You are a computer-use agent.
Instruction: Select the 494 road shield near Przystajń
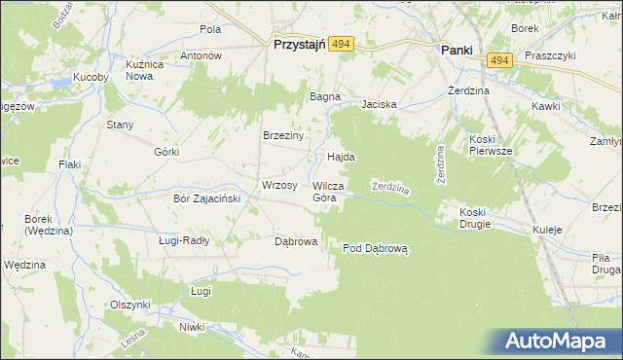(x=340, y=45)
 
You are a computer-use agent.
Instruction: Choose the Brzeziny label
(x=284, y=136)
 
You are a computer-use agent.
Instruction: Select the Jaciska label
(x=381, y=104)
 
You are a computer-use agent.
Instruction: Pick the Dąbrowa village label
(x=296, y=241)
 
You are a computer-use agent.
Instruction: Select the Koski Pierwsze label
(x=490, y=144)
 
